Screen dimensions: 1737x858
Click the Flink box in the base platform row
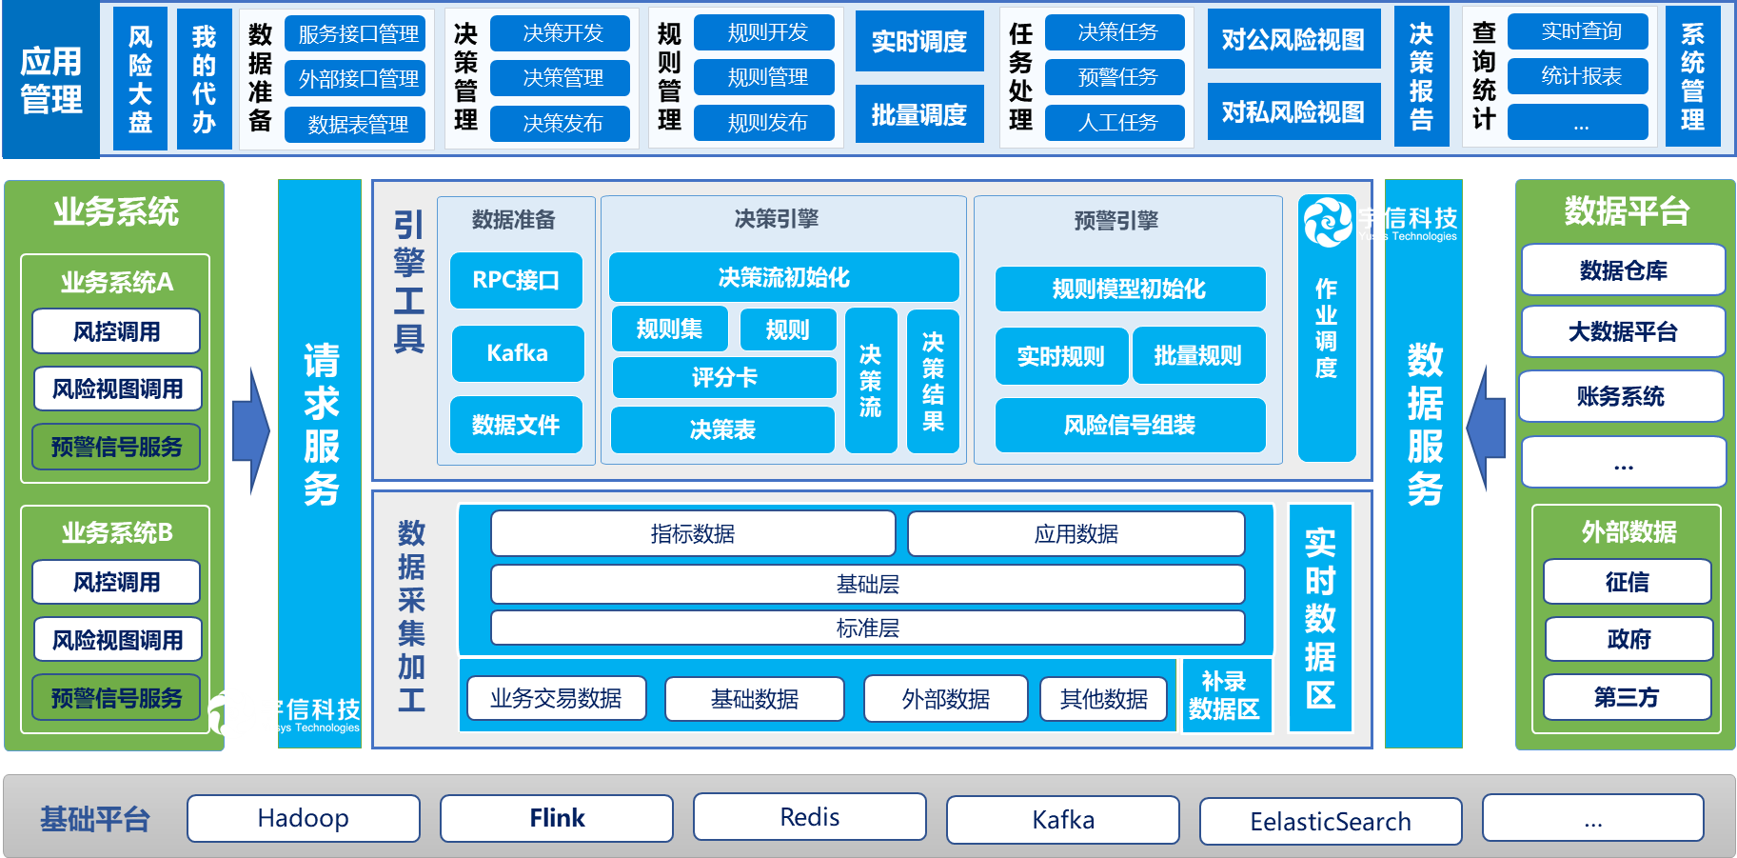(557, 818)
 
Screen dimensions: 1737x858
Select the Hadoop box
(304, 818)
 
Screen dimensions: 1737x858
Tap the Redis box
(810, 817)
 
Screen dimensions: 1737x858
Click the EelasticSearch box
(1331, 821)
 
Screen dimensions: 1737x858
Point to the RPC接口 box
(516, 280)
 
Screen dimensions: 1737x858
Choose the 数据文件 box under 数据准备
(516, 425)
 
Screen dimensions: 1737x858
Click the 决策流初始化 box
(784, 277)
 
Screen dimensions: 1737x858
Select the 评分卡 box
(724, 378)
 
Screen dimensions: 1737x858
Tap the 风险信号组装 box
(1130, 425)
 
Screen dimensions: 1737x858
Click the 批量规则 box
(1198, 356)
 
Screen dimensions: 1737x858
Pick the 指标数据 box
(693, 534)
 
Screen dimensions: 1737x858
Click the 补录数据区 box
(1225, 696)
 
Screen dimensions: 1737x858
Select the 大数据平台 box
(1623, 331)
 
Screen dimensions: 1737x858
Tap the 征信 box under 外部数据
(1628, 582)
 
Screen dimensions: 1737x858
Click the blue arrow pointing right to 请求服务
(251, 430)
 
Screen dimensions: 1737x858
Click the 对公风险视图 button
(1293, 39)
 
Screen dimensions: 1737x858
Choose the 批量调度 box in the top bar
(919, 114)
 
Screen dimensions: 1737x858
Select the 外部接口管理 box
(359, 79)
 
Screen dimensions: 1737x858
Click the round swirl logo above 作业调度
(1327, 221)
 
